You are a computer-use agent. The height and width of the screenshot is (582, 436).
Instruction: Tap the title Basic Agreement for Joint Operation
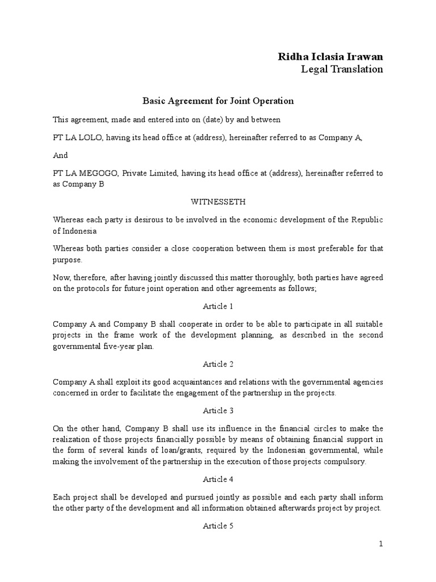(217, 101)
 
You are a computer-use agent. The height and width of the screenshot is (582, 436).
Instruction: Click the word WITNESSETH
(218, 202)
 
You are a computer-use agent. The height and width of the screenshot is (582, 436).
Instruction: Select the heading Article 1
(218, 306)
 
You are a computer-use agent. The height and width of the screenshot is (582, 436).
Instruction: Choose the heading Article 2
(218, 364)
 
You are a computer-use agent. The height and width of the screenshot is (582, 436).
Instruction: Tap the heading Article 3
(218, 411)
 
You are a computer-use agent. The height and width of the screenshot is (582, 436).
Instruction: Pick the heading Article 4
(218, 479)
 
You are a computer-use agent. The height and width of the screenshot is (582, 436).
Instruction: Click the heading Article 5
(218, 526)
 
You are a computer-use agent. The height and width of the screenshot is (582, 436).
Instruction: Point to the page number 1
(381, 544)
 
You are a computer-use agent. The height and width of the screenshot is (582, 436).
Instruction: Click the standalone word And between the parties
(60, 155)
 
